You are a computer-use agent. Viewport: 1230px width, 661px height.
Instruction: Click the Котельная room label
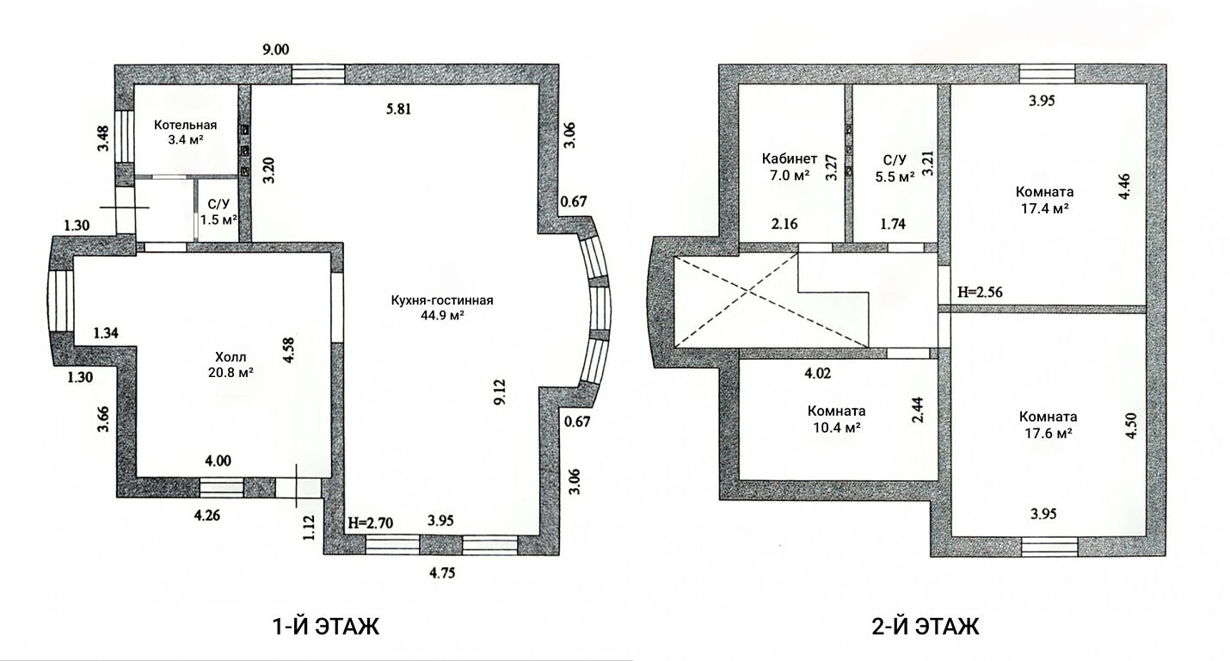(x=185, y=126)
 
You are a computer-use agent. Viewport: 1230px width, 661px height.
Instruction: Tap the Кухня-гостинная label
(x=442, y=300)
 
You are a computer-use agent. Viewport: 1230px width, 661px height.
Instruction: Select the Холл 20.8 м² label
(x=231, y=365)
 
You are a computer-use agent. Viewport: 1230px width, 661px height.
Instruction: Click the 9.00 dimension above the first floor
(x=275, y=50)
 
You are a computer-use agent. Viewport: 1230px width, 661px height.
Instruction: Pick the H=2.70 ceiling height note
(x=371, y=522)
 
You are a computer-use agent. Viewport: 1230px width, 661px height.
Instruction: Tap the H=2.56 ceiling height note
(x=981, y=292)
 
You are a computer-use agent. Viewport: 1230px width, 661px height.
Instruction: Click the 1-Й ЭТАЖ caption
(x=326, y=627)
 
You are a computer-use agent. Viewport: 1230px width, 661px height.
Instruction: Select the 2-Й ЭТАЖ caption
(x=926, y=627)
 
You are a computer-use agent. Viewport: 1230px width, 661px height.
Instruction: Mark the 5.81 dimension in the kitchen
(x=398, y=108)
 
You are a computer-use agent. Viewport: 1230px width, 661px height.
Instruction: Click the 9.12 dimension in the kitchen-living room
(x=501, y=392)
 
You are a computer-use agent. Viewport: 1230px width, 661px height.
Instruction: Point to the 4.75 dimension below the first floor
(x=442, y=573)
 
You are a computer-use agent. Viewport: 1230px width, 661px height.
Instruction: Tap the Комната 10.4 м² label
(x=836, y=419)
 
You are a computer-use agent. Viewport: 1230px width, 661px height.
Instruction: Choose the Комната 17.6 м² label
(x=1049, y=424)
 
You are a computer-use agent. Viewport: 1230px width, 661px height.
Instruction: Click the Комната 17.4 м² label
(x=1044, y=200)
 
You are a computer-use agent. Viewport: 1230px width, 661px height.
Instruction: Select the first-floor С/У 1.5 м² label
(x=218, y=212)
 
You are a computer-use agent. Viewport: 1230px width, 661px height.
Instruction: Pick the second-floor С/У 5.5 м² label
(x=895, y=168)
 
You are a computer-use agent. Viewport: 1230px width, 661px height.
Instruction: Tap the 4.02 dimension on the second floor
(x=818, y=374)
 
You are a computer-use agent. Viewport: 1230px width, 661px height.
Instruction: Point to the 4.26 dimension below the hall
(x=207, y=516)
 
